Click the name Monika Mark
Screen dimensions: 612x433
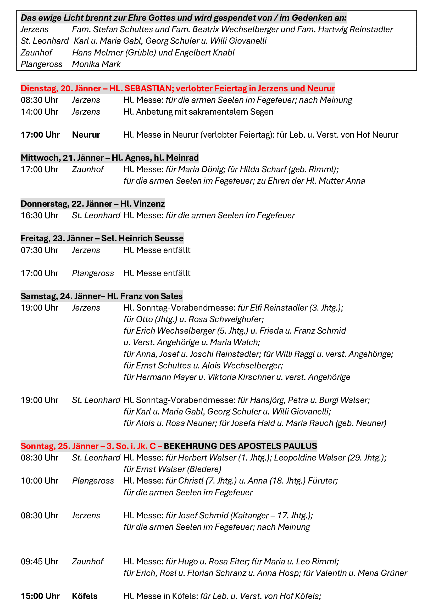[96, 64]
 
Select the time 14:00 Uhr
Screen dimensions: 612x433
[40, 112]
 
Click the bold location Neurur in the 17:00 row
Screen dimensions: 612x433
[86, 135]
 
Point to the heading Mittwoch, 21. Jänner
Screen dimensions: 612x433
[62, 158]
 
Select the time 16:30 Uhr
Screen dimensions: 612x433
[40, 215]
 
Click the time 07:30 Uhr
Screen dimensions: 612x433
[40, 250]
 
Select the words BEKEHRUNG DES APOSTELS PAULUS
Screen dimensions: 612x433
[240, 446]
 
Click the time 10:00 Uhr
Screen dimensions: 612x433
[40, 481]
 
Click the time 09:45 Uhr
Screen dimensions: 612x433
[40, 562]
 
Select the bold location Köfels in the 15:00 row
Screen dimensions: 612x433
[85, 596]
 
